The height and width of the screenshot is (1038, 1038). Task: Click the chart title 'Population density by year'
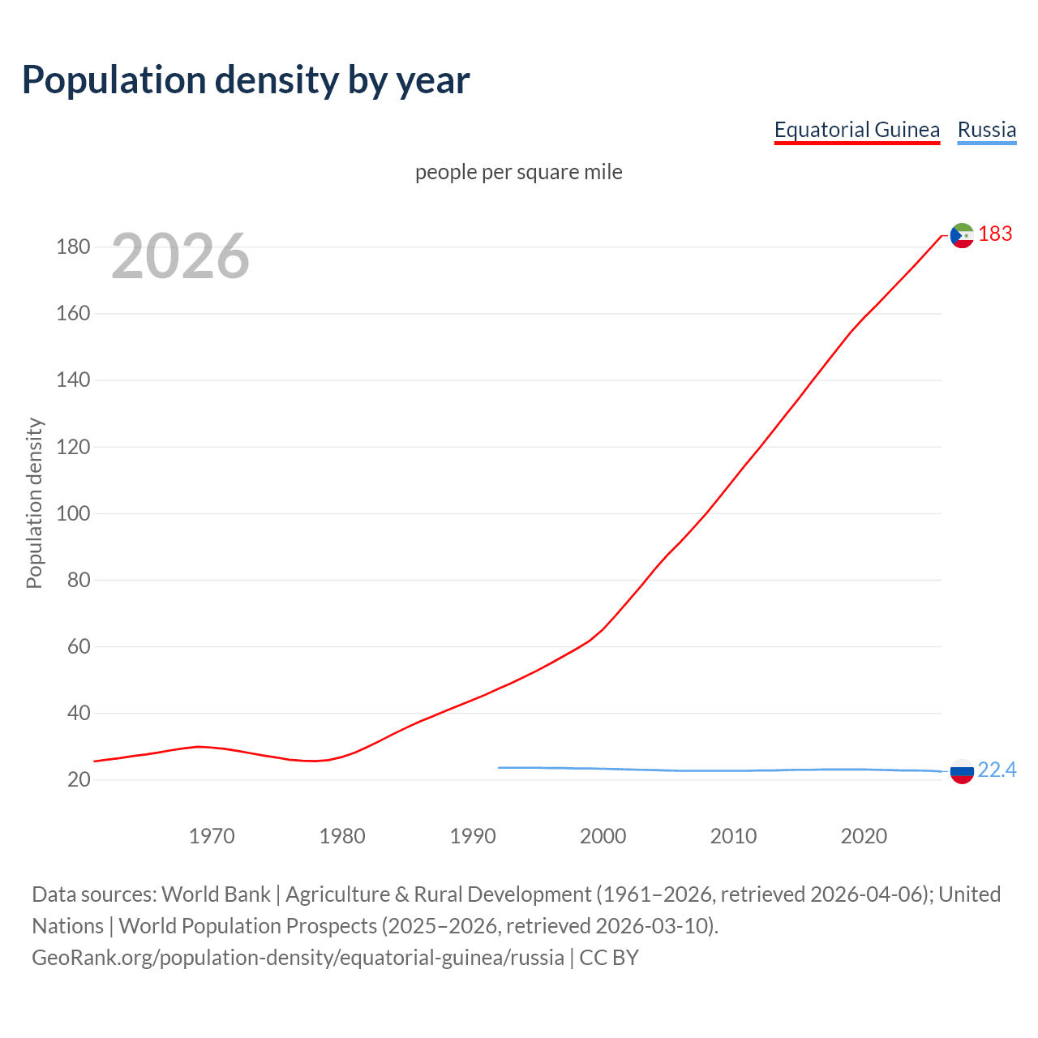tap(246, 79)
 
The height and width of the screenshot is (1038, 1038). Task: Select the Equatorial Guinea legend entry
tap(856, 130)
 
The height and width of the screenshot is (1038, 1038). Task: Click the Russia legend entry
tap(986, 130)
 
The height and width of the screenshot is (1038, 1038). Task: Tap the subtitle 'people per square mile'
tap(518, 173)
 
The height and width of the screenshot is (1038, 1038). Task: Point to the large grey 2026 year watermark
tap(180, 256)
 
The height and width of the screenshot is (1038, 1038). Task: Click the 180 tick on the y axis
tap(73, 247)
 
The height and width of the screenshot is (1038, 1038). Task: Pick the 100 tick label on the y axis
tap(73, 514)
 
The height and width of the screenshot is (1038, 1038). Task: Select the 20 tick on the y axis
tap(79, 780)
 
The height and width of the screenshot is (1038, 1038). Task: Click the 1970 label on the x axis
tap(212, 836)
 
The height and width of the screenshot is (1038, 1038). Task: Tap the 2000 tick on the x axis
tap(603, 836)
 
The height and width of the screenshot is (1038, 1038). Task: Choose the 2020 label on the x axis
tap(864, 836)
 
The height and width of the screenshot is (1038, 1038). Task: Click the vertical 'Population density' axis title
tap(34, 503)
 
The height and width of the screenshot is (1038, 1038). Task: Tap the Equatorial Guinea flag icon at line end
tap(961, 235)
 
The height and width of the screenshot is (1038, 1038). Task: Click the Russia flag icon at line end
tap(961, 771)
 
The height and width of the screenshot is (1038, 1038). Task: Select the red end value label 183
tap(995, 234)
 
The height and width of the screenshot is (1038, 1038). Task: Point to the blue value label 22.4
tap(997, 770)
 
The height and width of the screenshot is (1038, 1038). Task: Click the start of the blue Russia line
tap(500, 767)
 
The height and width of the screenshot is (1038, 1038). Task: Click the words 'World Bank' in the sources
tap(216, 894)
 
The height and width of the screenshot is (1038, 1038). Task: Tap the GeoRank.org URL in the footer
tap(298, 958)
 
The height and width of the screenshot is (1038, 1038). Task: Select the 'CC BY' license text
tap(609, 958)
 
